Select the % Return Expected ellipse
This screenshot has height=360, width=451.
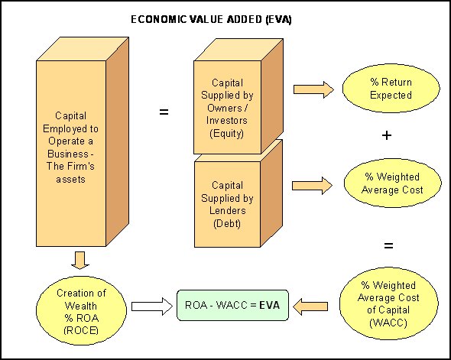(x=386, y=89)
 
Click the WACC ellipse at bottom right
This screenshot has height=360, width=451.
(x=386, y=302)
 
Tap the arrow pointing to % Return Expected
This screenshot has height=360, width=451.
(x=313, y=89)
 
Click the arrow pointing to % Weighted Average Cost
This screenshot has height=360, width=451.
(x=313, y=184)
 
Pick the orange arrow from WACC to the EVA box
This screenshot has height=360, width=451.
(x=313, y=306)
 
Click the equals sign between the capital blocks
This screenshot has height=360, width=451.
(x=163, y=112)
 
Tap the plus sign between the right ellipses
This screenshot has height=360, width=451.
(x=387, y=135)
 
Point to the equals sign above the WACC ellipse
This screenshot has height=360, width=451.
(x=387, y=245)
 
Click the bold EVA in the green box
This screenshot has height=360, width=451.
(x=269, y=306)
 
